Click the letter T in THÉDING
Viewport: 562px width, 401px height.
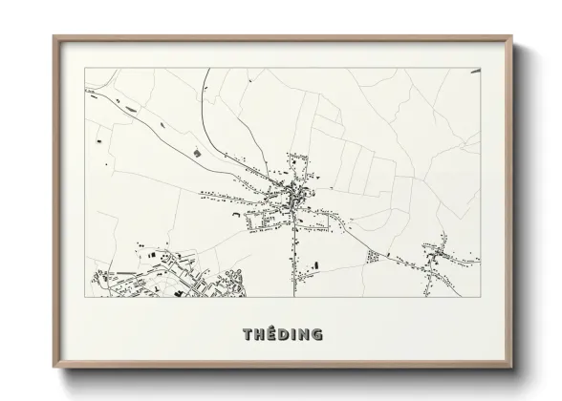click(247, 334)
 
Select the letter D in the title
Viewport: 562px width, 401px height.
click(283, 334)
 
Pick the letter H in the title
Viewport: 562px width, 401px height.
click(258, 334)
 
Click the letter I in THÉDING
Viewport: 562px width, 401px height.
click(292, 334)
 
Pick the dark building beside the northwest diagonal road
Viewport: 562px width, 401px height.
click(198, 150)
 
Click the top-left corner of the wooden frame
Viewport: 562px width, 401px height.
click(54, 37)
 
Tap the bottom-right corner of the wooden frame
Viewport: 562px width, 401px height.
click(514, 367)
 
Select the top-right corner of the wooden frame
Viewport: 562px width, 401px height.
click(514, 37)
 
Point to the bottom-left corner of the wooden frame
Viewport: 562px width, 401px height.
click(54, 367)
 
